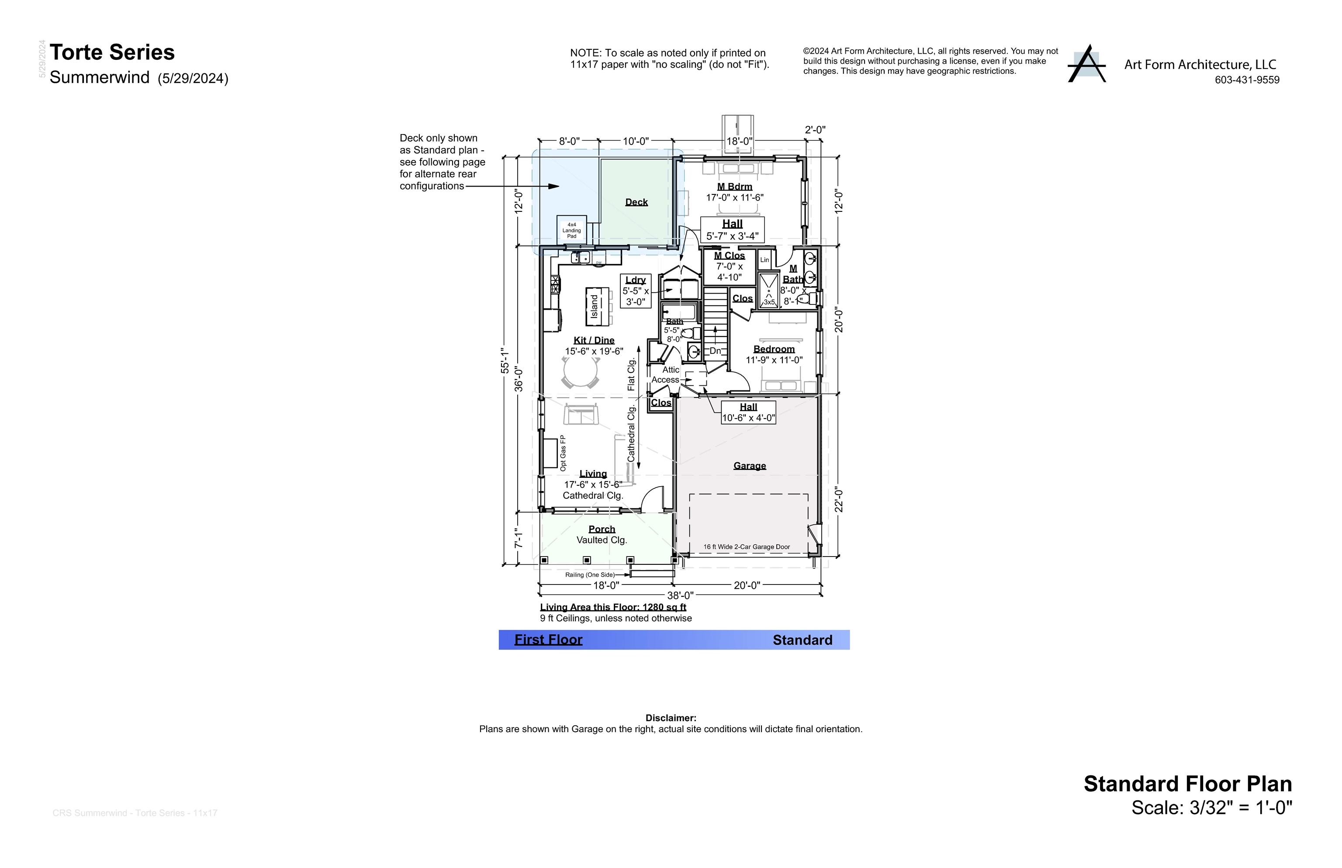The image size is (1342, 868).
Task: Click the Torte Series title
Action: coord(112,52)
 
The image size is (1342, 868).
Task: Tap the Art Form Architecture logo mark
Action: coord(1087,64)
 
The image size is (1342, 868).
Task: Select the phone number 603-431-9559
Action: coord(1247,80)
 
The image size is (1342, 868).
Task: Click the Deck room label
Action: coord(636,202)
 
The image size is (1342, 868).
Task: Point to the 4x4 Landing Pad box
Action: coord(571,230)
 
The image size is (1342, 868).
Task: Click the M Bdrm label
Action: coord(734,187)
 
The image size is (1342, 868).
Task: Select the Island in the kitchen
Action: coord(595,307)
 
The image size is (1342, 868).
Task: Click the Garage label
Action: coord(749,466)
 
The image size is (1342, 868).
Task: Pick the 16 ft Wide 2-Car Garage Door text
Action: coord(746,547)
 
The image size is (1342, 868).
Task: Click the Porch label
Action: coord(602,529)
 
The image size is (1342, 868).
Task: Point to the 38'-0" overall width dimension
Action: coord(680,595)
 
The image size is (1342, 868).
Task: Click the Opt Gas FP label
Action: coord(563,453)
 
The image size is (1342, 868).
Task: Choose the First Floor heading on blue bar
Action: coord(548,640)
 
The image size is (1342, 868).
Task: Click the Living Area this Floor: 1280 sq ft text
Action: coord(612,607)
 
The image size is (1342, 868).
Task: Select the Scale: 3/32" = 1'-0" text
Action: coord(1211,808)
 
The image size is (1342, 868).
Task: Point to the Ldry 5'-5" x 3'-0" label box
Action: coord(635,291)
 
